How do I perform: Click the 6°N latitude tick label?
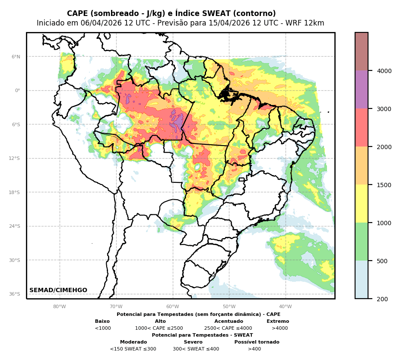[x=16, y=57]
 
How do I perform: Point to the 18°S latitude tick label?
[x=15, y=192]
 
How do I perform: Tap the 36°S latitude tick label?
[x=15, y=294]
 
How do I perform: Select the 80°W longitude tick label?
[x=60, y=307]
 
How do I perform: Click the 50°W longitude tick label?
[x=229, y=307]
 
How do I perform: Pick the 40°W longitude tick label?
[x=286, y=307]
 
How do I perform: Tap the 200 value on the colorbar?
[x=380, y=299]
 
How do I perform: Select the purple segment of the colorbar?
[x=362, y=89]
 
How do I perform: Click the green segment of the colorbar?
[x=362, y=242]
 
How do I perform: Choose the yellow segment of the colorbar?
[x=362, y=204]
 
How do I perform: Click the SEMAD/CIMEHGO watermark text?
[x=58, y=290]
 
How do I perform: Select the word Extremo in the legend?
[x=278, y=322]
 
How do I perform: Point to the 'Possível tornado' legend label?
[x=257, y=342]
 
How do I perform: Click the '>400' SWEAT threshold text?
[x=254, y=349]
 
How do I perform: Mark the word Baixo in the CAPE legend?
[x=102, y=322]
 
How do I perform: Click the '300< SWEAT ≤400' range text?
[x=196, y=349]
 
